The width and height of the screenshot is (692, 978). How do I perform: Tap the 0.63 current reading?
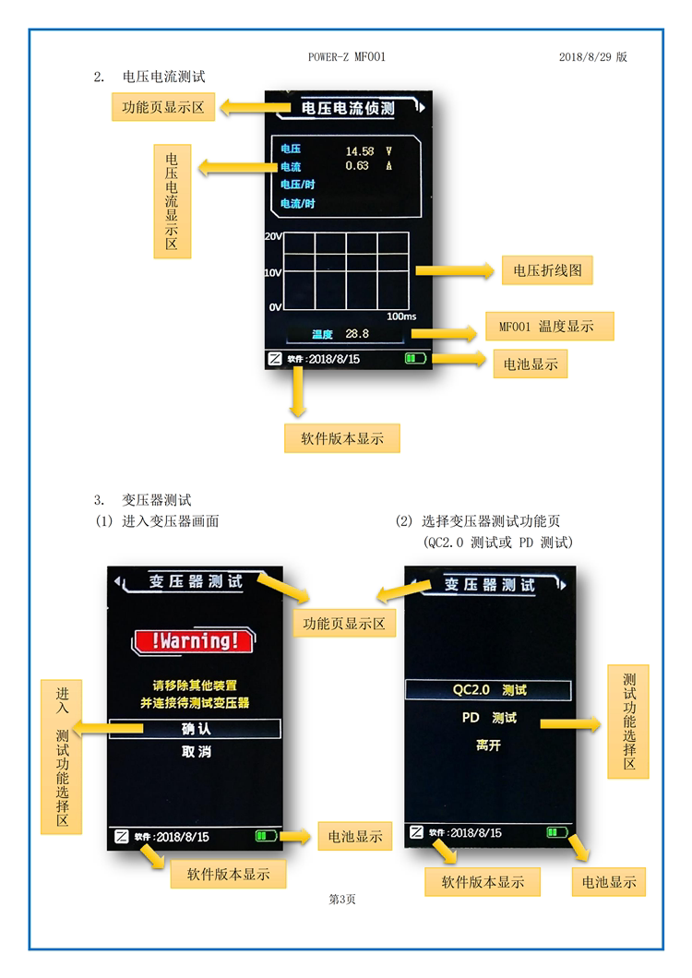[x=356, y=166]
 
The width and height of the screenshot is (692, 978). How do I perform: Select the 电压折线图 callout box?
[x=546, y=270]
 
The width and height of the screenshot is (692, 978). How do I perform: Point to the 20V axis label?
[x=273, y=236]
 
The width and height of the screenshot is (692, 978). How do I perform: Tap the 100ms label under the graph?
[x=401, y=316]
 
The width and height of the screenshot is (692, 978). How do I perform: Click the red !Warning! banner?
[x=194, y=640]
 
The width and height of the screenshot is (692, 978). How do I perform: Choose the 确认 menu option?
[x=196, y=729]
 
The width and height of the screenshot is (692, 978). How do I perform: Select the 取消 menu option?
[x=196, y=752]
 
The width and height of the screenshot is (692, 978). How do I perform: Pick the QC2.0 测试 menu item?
[x=489, y=690]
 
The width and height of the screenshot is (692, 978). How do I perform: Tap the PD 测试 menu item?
[x=489, y=718]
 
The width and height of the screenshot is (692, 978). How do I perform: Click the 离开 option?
[x=489, y=745]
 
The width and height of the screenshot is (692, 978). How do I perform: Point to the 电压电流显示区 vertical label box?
[x=172, y=201]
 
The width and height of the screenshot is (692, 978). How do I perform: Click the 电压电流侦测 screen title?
[x=348, y=109]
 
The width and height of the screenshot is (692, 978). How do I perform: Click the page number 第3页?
[x=342, y=900]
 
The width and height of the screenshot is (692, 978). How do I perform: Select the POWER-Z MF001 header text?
[x=346, y=57]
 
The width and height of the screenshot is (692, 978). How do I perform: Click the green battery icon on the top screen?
[x=416, y=359]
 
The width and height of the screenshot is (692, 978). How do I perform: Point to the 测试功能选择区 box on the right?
[x=628, y=721]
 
